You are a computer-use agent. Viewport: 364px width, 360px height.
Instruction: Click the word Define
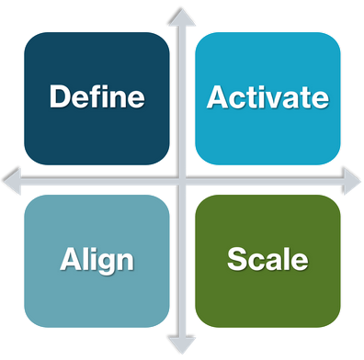[x=97, y=96]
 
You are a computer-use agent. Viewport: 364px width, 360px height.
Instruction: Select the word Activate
[x=268, y=96]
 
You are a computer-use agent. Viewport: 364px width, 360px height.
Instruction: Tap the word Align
[x=97, y=260]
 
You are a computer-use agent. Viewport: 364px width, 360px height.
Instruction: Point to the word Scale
[x=267, y=259]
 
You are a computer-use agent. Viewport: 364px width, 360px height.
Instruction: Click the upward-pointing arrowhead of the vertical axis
[x=183, y=13]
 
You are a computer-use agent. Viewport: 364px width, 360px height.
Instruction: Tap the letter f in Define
[x=97, y=96]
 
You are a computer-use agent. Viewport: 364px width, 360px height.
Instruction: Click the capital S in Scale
[x=237, y=259]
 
